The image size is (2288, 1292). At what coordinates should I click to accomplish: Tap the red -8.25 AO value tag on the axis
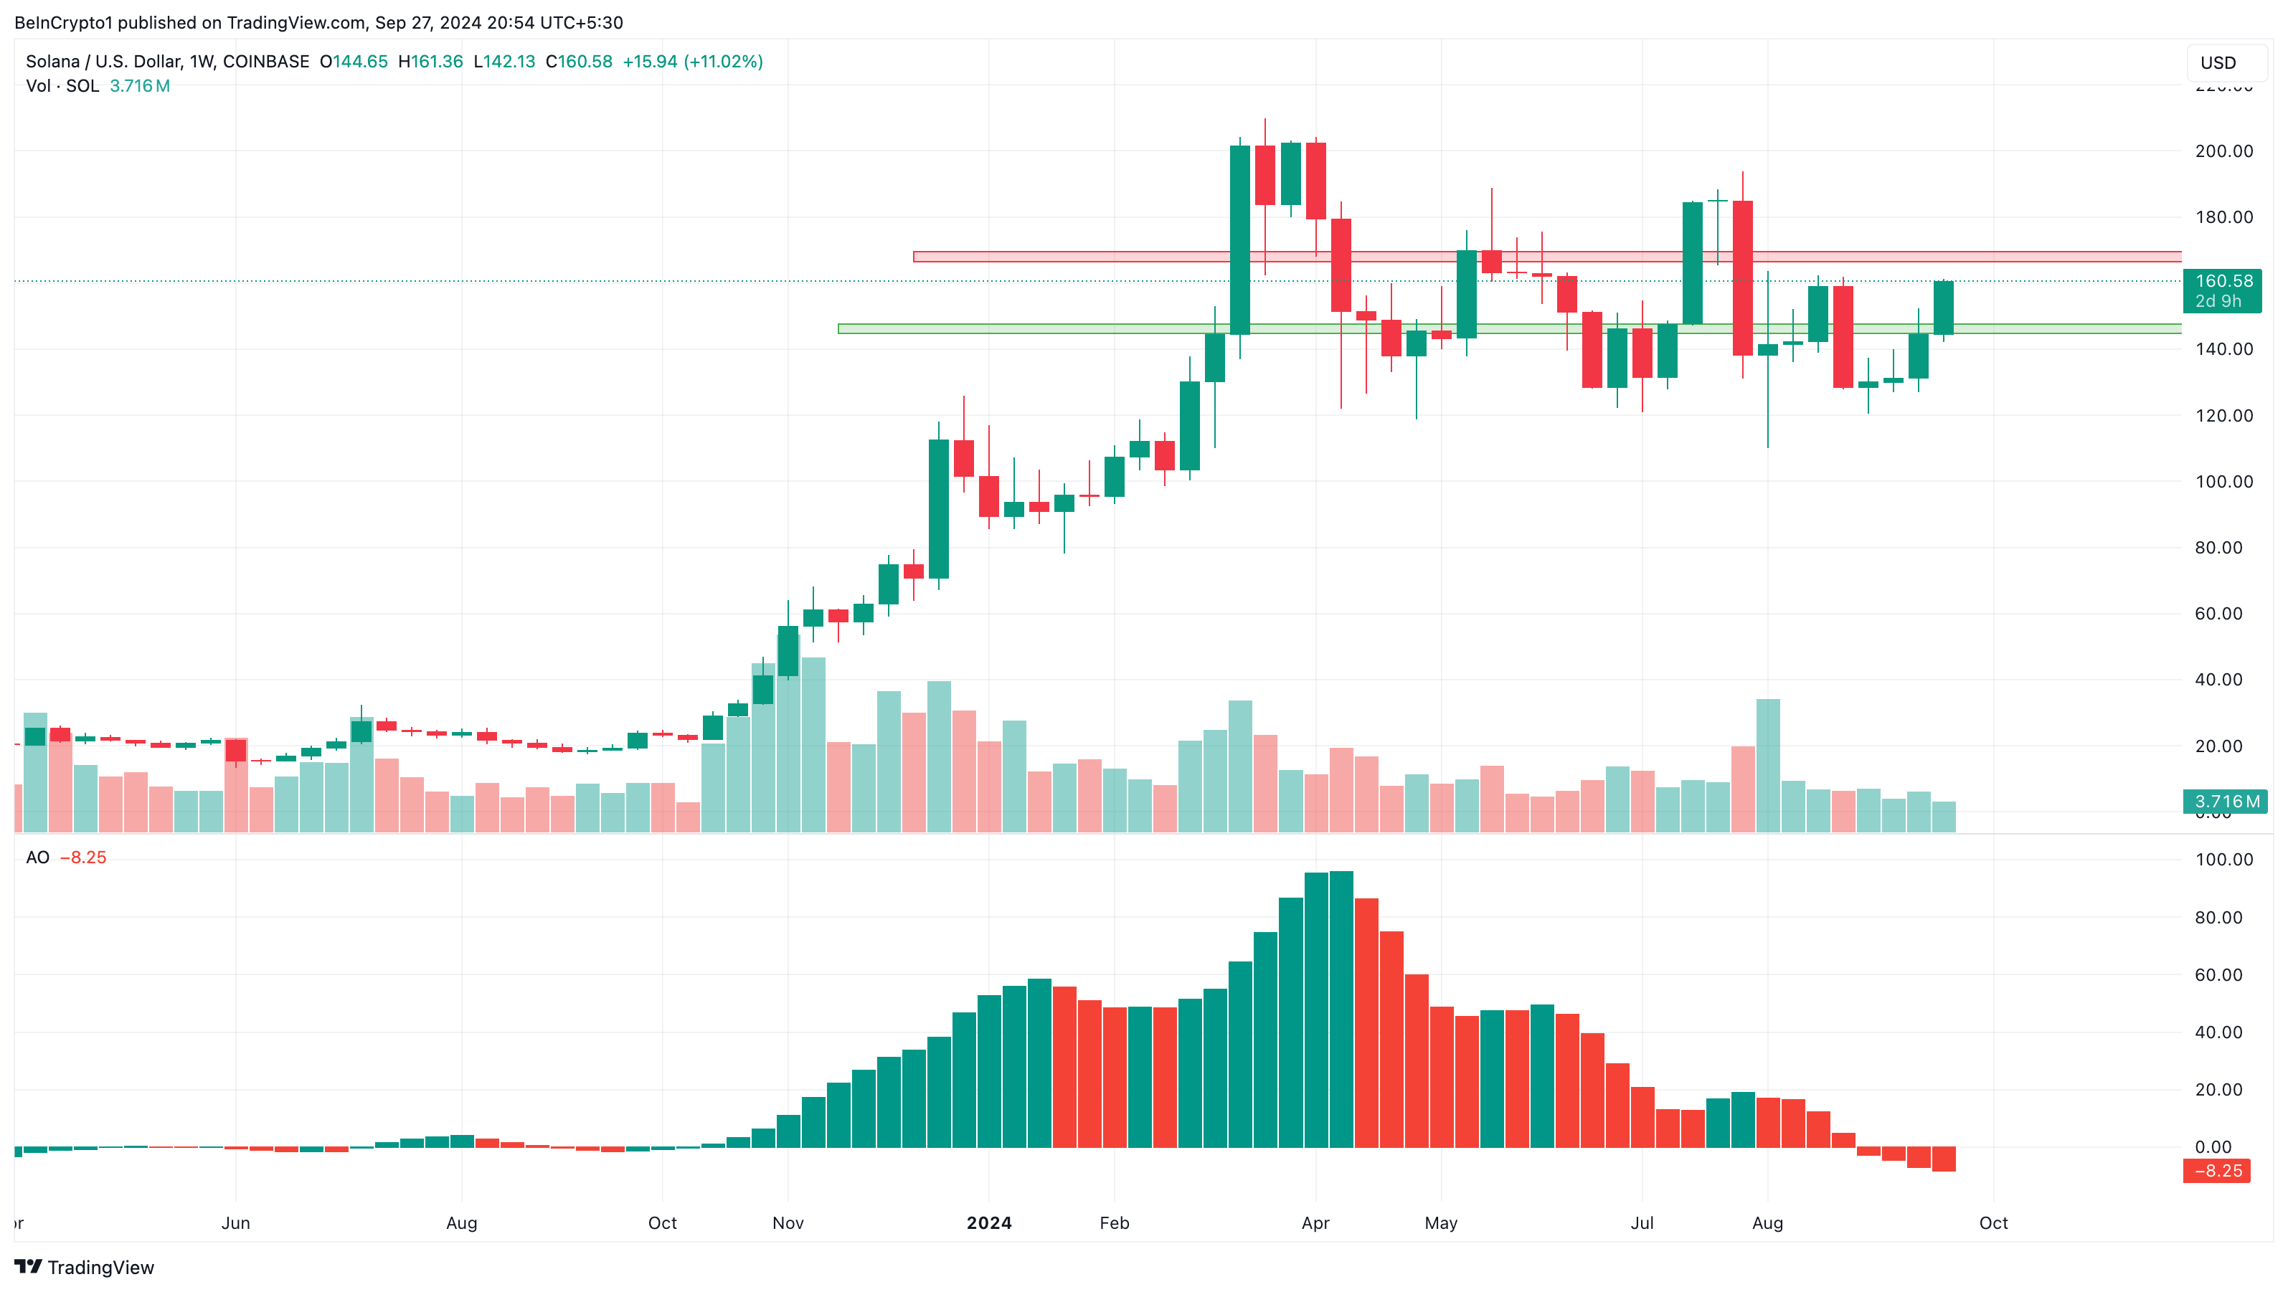[2217, 1170]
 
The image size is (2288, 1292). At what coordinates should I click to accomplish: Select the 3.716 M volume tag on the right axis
[2226, 801]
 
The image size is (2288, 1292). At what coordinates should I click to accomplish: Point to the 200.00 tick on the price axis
[2223, 151]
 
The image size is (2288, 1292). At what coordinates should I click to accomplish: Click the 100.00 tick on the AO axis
[2223, 859]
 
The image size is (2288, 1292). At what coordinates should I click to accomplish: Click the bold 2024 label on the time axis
[988, 1222]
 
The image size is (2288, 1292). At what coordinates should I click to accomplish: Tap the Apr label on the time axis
[1315, 1222]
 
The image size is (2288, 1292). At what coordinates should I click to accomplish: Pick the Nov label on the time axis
[788, 1222]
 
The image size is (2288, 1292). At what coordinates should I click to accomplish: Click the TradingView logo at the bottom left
[85, 1267]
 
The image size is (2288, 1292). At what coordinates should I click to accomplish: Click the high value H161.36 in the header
[431, 61]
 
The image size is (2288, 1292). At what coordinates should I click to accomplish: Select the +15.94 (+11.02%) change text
[693, 61]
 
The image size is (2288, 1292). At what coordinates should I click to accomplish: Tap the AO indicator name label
[37, 857]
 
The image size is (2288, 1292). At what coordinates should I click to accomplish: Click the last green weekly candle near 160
[1944, 308]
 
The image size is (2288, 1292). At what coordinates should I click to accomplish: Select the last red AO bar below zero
[1944, 1159]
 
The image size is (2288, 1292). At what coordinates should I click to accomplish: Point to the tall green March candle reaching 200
[1240, 239]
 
